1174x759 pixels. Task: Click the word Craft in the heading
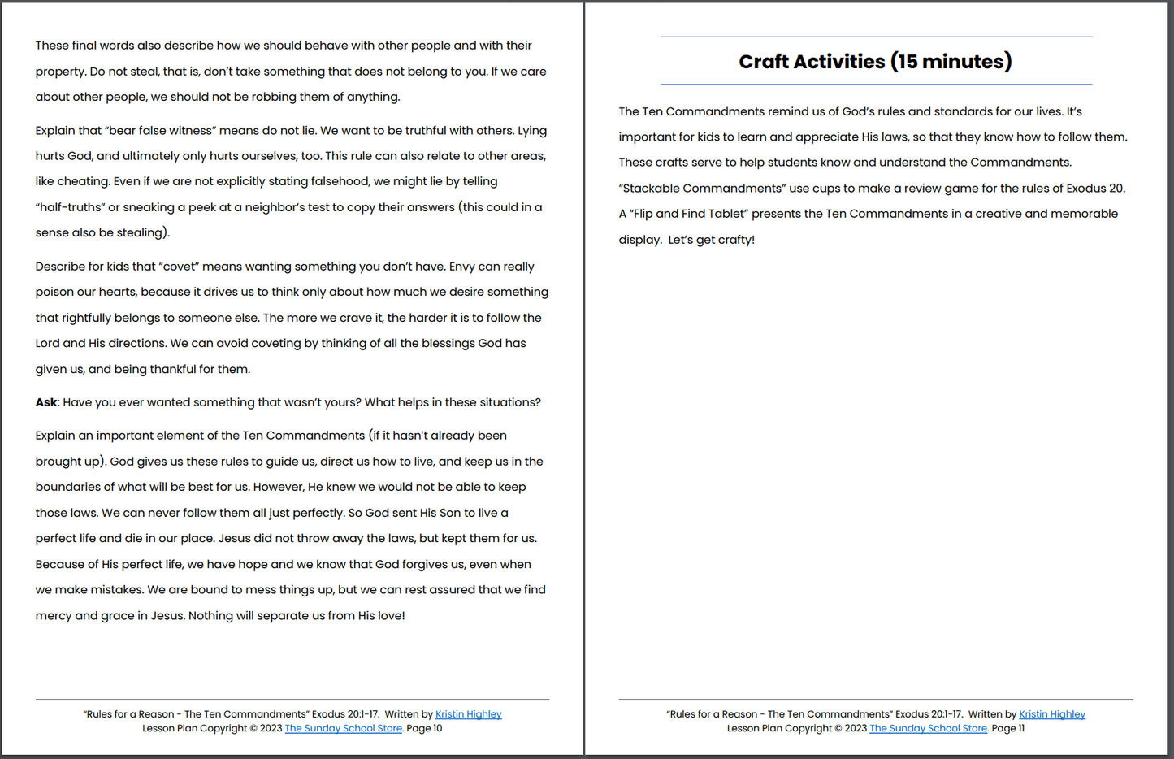tap(764, 62)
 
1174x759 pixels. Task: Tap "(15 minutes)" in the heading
tap(951, 62)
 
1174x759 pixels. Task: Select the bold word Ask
tap(46, 402)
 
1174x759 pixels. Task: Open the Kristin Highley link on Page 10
tap(468, 714)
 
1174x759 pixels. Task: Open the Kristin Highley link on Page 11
tap(1051, 714)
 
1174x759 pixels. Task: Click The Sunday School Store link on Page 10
tap(343, 728)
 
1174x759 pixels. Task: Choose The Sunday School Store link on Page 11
tap(928, 728)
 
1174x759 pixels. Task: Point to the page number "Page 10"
tap(424, 728)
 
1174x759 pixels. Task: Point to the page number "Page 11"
tap(1008, 728)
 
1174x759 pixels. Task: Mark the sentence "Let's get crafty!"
tap(711, 240)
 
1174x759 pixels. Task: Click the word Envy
tap(461, 267)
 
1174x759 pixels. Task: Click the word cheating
tap(84, 181)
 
